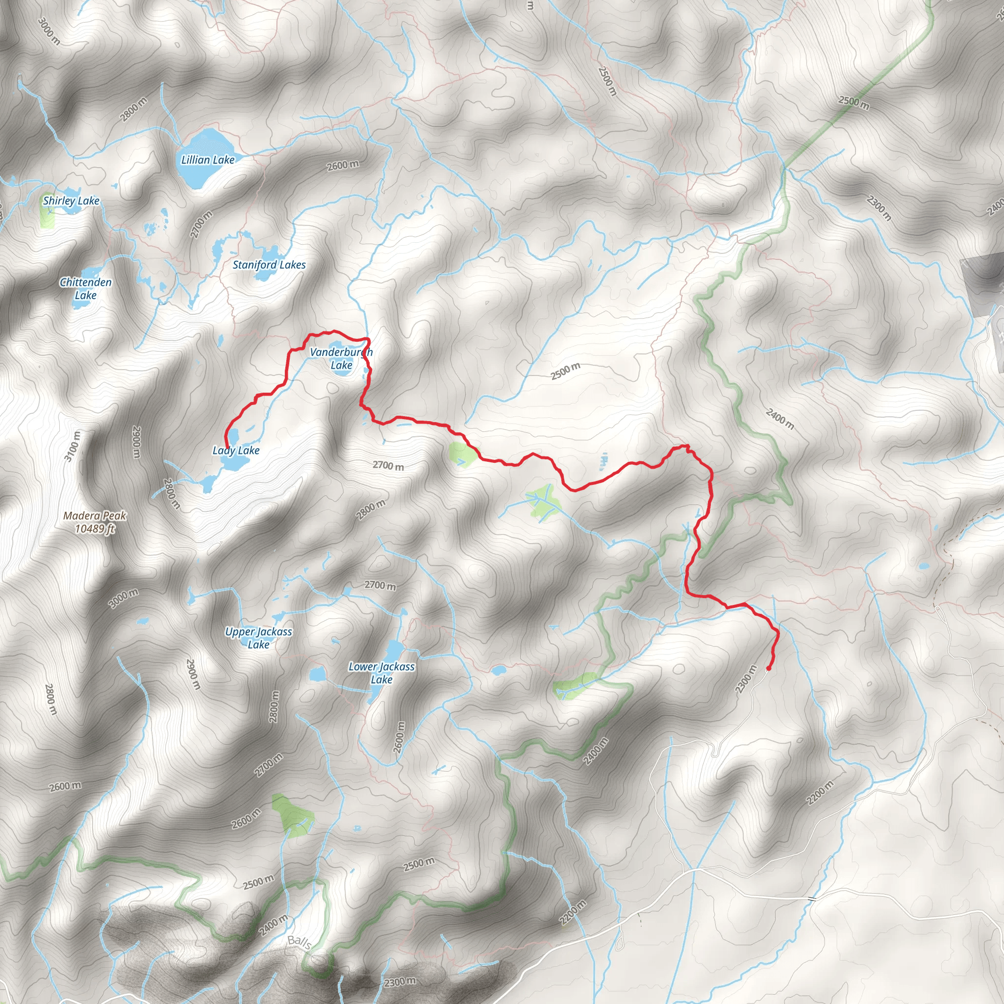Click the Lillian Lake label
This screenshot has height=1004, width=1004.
(x=208, y=160)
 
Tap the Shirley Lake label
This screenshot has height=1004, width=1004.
(x=71, y=201)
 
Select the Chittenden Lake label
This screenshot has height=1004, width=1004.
(x=86, y=289)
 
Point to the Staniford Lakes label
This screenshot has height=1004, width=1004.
(x=269, y=265)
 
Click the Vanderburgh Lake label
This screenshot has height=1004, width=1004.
(x=341, y=358)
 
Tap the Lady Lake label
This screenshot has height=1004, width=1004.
(x=236, y=451)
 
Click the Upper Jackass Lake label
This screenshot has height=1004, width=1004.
(x=258, y=638)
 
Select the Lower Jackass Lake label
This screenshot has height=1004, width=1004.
(x=381, y=673)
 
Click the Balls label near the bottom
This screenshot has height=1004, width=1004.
(x=300, y=941)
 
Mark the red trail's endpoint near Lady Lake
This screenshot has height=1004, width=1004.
(x=226, y=445)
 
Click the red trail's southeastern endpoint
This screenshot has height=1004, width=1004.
(x=768, y=668)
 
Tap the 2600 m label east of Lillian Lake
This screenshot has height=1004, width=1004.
(x=343, y=165)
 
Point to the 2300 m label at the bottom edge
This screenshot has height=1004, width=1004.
(x=400, y=982)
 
